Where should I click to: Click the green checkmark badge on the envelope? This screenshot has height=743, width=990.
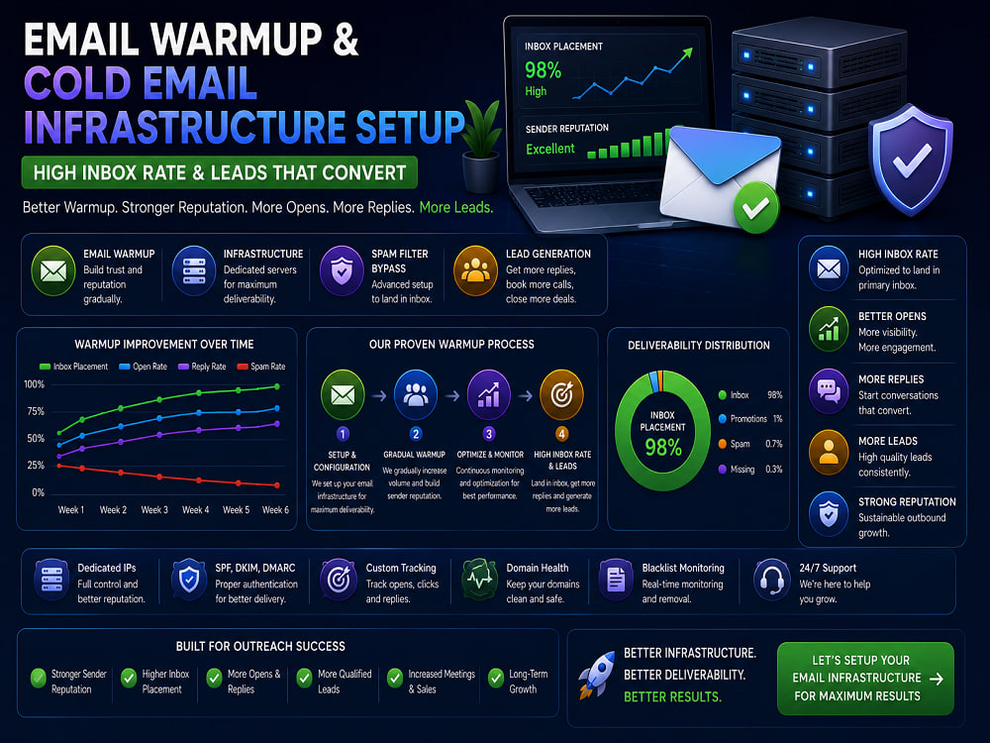(x=755, y=207)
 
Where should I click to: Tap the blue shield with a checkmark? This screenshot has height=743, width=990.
(x=910, y=159)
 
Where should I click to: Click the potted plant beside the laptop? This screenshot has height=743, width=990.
(x=481, y=146)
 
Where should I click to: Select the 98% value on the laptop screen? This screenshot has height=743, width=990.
(x=543, y=70)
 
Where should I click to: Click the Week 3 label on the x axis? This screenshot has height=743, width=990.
(x=154, y=510)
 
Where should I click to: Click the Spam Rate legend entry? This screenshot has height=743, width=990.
(x=260, y=367)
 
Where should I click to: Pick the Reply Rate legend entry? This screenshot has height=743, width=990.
(x=202, y=367)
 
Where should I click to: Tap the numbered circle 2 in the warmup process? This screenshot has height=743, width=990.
(x=416, y=434)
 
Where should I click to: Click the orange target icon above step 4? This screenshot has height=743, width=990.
(x=561, y=395)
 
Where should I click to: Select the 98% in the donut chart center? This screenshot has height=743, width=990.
(x=663, y=448)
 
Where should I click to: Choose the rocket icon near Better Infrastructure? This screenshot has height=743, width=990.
(x=596, y=674)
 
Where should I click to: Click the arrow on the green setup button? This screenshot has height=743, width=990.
(x=937, y=679)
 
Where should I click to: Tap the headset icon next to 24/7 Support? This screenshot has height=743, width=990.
(x=771, y=579)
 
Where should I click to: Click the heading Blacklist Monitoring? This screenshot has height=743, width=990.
(x=683, y=568)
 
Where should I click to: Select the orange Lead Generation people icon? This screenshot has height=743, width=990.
(x=475, y=271)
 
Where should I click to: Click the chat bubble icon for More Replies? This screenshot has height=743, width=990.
(x=829, y=390)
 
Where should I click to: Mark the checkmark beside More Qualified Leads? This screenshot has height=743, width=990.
(x=304, y=678)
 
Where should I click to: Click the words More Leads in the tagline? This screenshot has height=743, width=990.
(x=455, y=207)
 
